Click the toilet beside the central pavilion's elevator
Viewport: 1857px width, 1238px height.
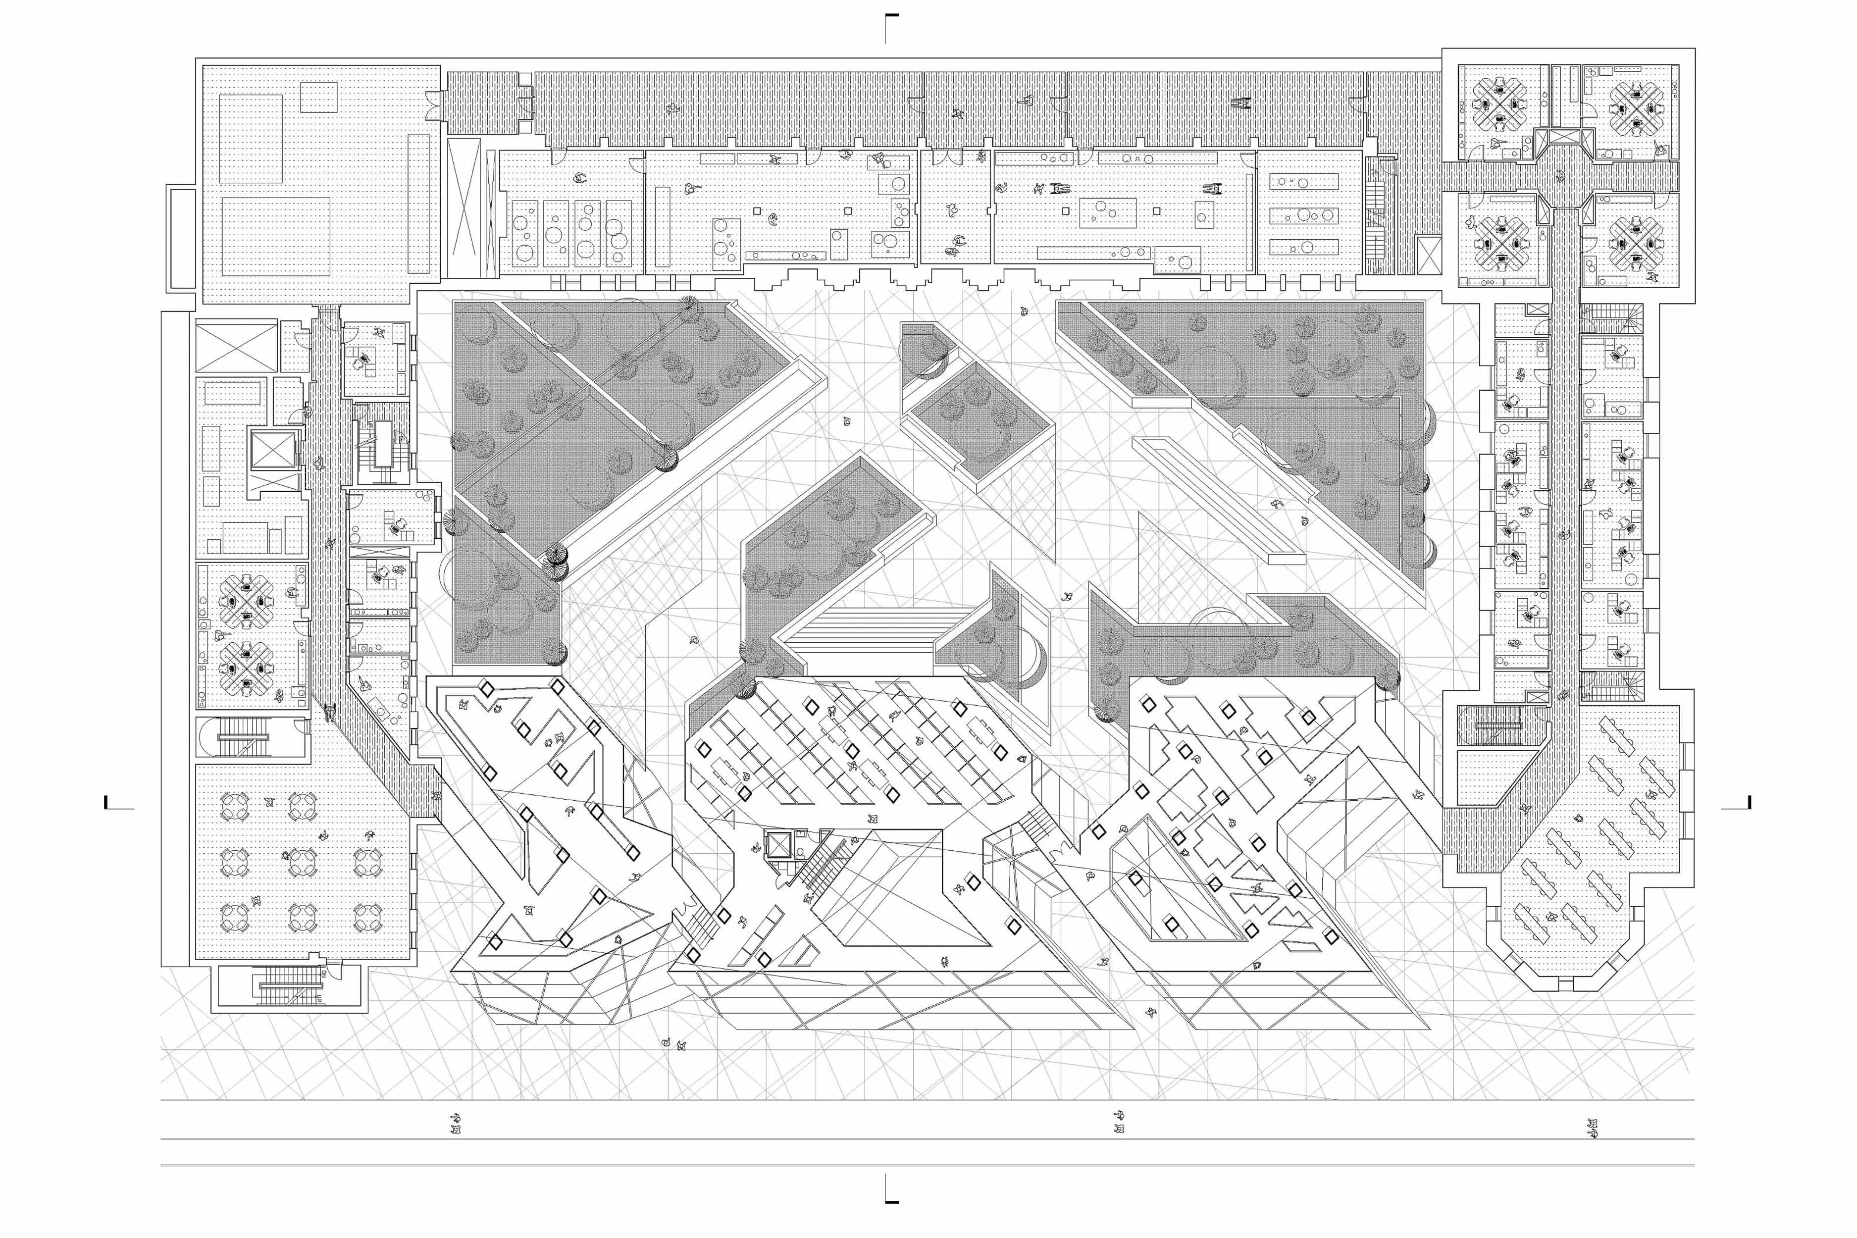click(800, 852)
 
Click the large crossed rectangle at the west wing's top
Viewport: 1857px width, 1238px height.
click(235, 345)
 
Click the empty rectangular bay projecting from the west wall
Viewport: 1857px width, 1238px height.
click(181, 237)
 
